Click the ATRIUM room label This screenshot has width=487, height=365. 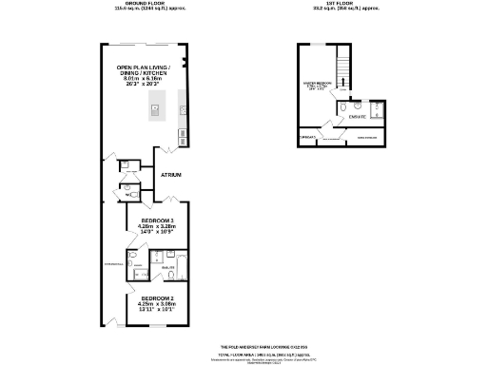click(x=171, y=175)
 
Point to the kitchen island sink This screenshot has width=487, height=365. click(x=151, y=111)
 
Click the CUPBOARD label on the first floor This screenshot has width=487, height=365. click(x=307, y=137)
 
